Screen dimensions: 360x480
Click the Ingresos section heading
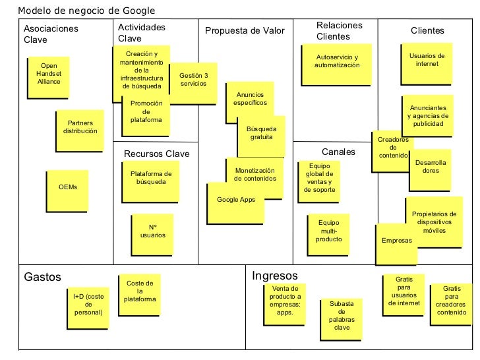(x=275, y=276)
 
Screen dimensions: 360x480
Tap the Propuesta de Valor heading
(x=245, y=31)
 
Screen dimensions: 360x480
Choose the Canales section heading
(x=338, y=152)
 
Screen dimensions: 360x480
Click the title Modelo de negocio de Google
(x=86, y=11)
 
